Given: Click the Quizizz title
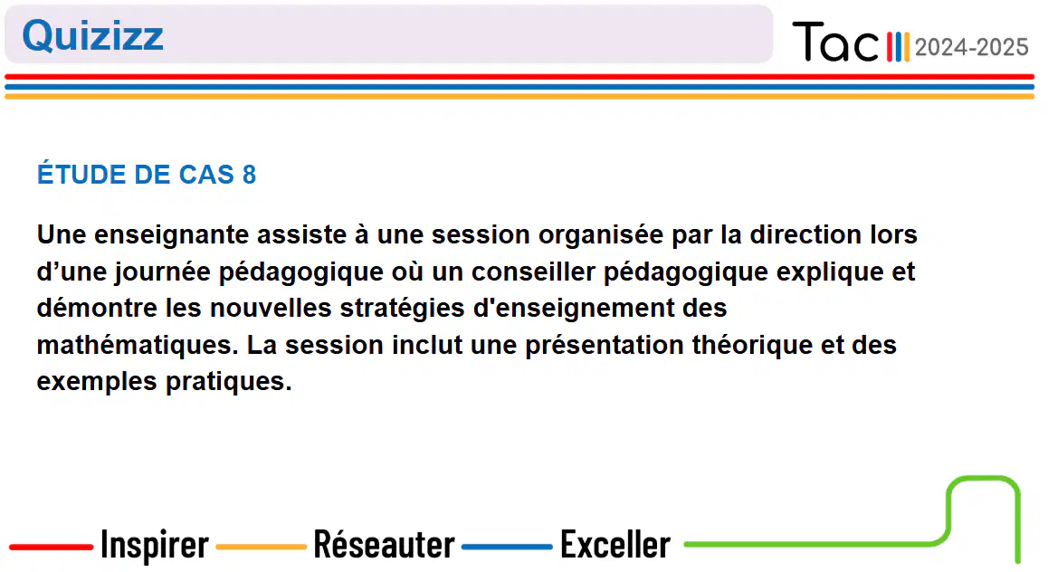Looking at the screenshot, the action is tap(93, 35).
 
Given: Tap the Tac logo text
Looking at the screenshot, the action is tap(834, 42).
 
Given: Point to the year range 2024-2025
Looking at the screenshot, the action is tap(971, 47).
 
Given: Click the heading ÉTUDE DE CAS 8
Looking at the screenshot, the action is tap(147, 175).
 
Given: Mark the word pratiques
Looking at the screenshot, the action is tap(229, 382).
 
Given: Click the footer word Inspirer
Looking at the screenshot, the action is tap(155, 545).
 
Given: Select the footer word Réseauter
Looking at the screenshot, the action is tap(385, 544).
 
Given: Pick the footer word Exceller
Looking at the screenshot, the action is tap(615, 544).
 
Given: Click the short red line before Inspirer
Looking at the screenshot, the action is tap(51, 547).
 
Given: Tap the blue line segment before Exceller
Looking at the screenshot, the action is tap(507, 547).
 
